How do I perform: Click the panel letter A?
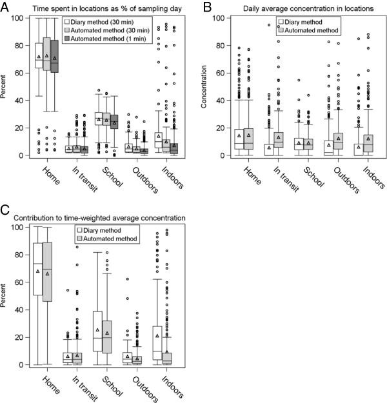click(6, 6)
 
